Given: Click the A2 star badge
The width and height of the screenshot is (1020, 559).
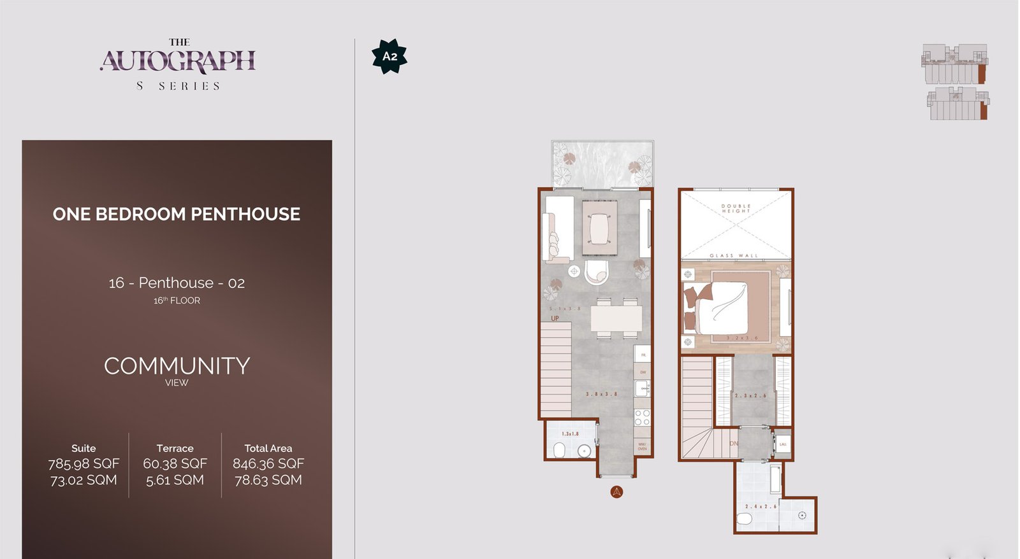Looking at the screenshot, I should point(390,56).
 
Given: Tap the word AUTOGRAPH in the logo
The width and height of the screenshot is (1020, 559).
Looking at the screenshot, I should point(178,61).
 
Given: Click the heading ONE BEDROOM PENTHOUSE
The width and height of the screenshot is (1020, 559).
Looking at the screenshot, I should point(177,214).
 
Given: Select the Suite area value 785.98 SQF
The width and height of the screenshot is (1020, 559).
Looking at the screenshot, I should point(84,463).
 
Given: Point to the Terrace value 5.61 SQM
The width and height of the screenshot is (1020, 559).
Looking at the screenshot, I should point(175,480).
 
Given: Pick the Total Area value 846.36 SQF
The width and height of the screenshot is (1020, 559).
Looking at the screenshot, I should point(268,463).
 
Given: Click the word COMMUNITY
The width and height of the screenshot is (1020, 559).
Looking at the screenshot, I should point(177,366).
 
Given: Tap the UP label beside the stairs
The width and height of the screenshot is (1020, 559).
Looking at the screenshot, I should point(555,318).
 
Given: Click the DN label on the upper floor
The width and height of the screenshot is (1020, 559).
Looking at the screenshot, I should point(734,443).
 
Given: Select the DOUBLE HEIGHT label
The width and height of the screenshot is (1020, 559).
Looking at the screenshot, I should point(736,208).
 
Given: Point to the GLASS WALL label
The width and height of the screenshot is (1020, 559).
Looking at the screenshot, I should point(734,256).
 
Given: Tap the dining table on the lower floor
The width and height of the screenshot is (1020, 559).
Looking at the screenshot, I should point(616,318).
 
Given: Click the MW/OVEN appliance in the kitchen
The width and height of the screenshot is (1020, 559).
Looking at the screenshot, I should point(642,446).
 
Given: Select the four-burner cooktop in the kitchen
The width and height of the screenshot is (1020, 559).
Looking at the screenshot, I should point(642,418).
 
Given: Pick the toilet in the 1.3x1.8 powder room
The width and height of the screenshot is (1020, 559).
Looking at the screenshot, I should point(559,451).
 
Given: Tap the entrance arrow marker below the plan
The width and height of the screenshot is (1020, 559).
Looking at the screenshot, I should point(616,492).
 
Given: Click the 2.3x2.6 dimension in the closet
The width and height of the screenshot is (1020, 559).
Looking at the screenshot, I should point(751,395).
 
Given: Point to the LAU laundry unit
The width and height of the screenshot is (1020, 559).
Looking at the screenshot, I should point(783,444).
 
